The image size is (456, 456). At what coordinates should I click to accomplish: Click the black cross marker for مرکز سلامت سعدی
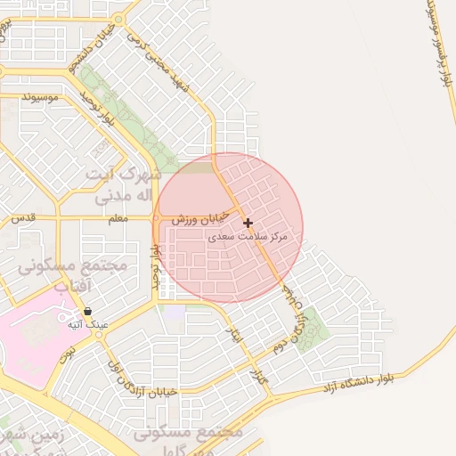pos(248,223)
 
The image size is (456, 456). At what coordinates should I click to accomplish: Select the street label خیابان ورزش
pos(196,217)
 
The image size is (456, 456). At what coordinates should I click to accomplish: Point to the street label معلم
pos(117,218)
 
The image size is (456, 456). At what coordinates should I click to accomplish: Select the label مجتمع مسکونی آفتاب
pos(73,276)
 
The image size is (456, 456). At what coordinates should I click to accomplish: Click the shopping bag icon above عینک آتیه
pos(87,312)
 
